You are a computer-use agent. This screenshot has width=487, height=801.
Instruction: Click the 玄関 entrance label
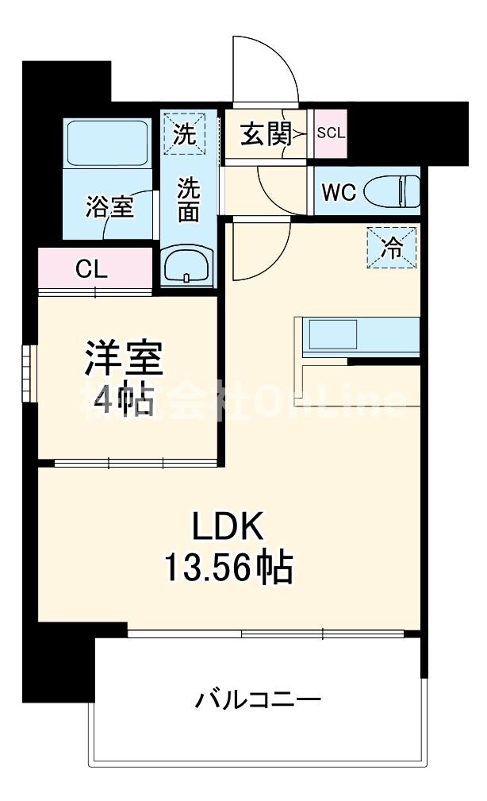click(264, 134)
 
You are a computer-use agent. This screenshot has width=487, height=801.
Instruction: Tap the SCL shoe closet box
click(331, 133)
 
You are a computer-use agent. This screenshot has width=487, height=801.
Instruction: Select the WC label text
click(339, 192)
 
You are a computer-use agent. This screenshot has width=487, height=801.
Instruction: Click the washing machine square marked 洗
click(184, 133)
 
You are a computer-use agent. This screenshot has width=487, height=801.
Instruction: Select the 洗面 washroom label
click(188, 200)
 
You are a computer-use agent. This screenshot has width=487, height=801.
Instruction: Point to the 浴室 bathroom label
click(109, 207)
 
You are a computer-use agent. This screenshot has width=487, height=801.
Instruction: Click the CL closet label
click(91, 270)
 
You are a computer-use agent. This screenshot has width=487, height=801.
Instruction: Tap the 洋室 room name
click(124, 360)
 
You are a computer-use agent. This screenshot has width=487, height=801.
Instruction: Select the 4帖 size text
click(124, 401)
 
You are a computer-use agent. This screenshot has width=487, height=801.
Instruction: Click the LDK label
click(228, 526)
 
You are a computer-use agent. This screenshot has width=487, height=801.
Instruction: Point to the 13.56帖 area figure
click(228, 567)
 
